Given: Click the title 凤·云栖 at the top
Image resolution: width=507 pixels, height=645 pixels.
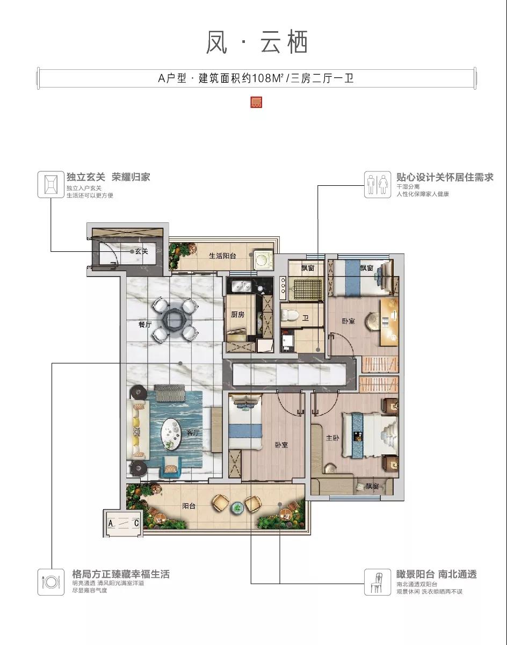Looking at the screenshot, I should click(257, 42).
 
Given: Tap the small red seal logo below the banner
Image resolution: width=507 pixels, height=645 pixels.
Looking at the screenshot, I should click(256, 102).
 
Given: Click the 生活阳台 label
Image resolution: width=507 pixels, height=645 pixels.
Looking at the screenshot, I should click(223, 256).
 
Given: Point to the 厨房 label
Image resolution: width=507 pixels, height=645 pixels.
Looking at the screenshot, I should click(238, 315).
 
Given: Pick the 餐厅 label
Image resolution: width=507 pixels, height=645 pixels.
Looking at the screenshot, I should click(146, 324).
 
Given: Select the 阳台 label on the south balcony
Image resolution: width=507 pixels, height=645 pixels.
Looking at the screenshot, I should click(189, 505).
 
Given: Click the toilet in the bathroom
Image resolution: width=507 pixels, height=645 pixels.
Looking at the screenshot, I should click(288, 315).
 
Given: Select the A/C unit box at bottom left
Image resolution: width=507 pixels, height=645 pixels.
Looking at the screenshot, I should click(124, 523).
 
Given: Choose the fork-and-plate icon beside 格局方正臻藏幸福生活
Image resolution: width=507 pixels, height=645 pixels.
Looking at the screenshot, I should click(51, 582).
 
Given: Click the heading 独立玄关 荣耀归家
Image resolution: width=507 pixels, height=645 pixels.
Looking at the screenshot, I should click(108, 177).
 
